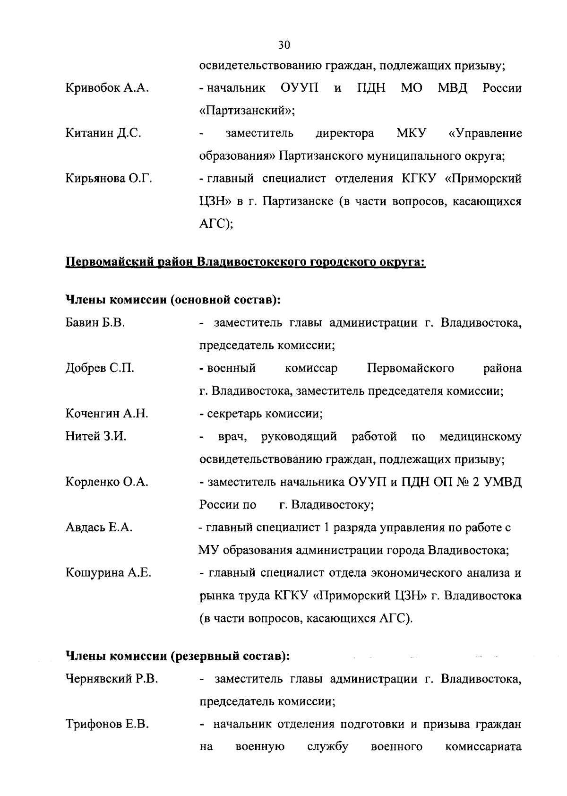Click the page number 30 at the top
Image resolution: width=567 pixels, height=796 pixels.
click(283, 45)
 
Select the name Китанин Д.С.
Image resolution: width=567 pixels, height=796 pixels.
click(103, 134)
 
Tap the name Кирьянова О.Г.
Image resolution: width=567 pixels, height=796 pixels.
click(109, 179)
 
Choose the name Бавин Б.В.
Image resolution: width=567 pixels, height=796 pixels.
click(94, 323)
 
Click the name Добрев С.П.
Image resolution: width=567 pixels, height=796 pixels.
click(100, 369)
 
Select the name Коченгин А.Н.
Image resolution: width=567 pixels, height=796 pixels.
click(107, 414)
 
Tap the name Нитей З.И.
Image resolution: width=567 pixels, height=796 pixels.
click(95, 437)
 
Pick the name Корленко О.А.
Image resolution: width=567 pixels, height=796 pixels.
click(107, 482)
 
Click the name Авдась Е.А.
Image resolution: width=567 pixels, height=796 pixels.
click(99, 528)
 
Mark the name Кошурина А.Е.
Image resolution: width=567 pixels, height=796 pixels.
click(108, 573)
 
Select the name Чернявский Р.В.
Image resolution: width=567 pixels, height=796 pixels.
click(112, 679)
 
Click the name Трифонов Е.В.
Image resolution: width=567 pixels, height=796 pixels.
click(107, 725)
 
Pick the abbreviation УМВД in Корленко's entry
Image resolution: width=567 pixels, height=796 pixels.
click(504, 482)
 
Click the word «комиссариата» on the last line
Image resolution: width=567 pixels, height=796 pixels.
click(483, 747)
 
